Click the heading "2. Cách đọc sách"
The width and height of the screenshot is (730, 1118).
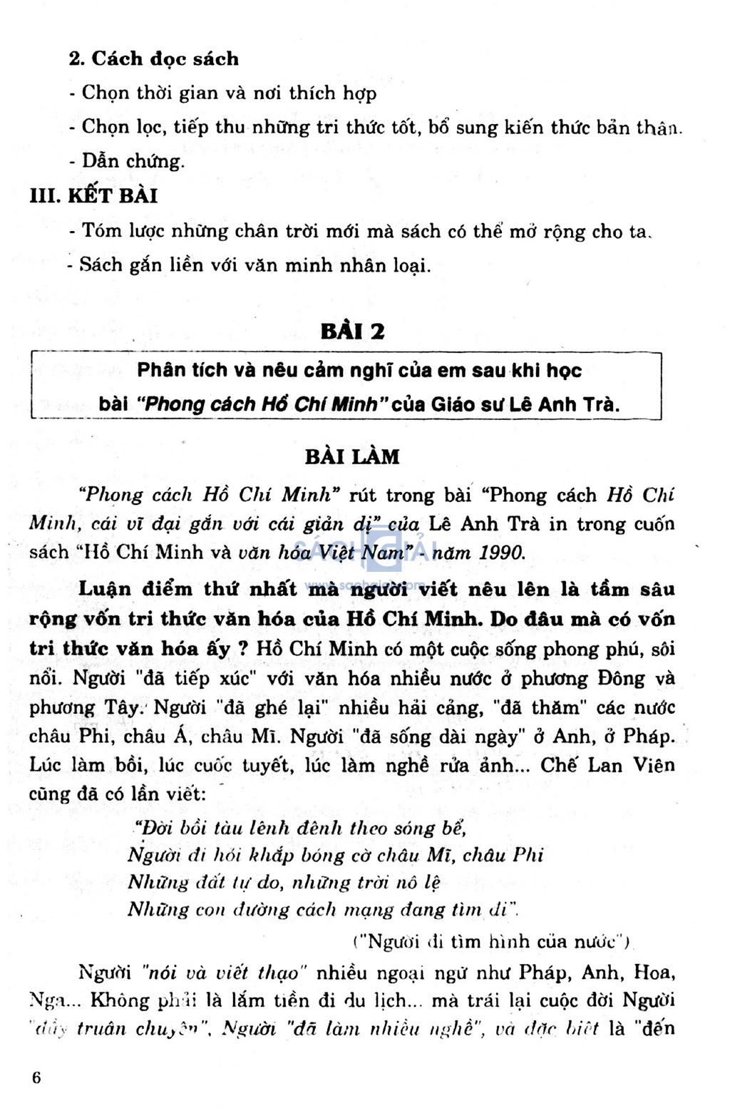coord(153,58)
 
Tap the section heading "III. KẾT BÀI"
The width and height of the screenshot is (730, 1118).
coord(93,195)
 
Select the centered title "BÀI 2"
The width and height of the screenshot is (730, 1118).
coord(352,332)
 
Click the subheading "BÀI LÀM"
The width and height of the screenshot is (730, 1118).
coord(352,456)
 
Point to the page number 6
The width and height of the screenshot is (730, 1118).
coord(36,1077)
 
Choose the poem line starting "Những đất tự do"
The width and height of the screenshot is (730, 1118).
coord(284,882)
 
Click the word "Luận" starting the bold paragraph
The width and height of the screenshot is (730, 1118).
coord(105,589)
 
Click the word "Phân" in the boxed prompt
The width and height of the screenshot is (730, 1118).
coord(161,370)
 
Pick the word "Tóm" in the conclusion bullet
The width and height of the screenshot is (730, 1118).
coord(101,231)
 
